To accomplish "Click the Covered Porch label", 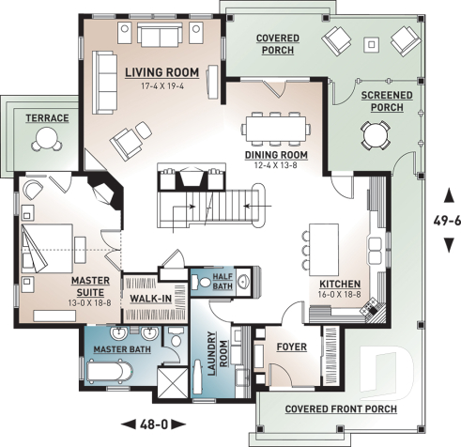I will coord(278,44).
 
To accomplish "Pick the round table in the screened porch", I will coord(376,137).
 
